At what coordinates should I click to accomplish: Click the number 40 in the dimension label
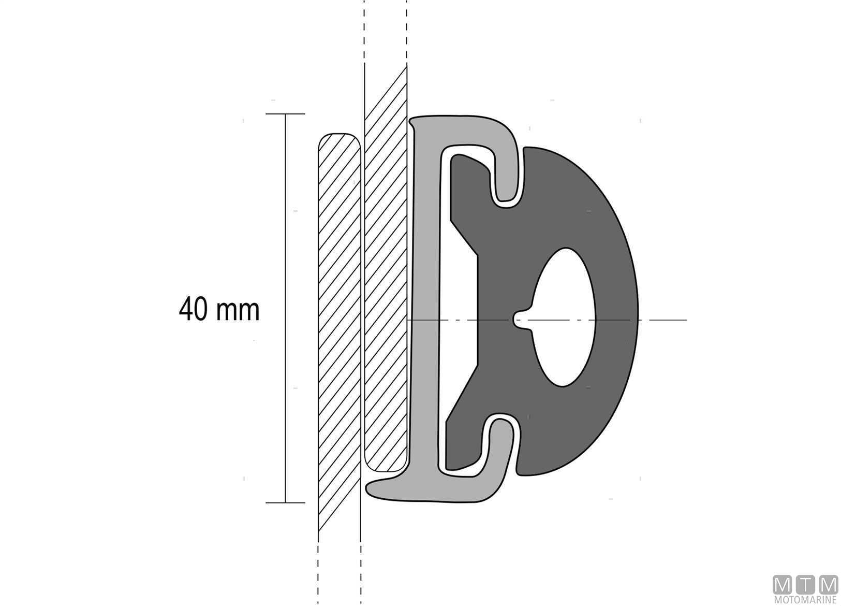click(193, 309)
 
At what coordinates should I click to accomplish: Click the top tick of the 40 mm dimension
click(285, 113)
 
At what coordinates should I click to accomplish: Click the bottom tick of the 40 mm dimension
click(285, 503)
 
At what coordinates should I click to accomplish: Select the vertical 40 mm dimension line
click(285, 308)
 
